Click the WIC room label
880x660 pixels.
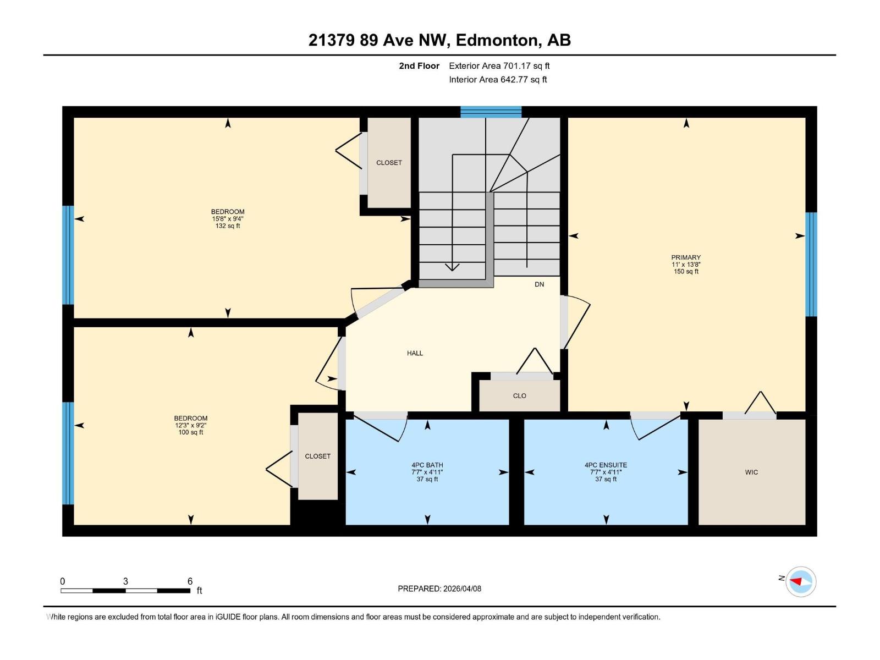click(x=751, y=472)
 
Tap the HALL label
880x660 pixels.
click(x=415, y=353)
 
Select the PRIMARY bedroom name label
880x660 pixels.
click(x=686, y=257)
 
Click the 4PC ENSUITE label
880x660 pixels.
click(x=606, y=465)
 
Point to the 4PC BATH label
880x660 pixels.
click(x=427, y=465)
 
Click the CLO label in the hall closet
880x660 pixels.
click(x=519, y=396)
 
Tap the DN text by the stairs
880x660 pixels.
click(x=539, y=284)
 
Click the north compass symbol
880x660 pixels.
click(x=800, y=581)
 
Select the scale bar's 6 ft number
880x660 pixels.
click(x=190, y=581)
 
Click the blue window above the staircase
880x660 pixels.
click(x=491, y=112)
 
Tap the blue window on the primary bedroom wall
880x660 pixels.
click(x=811, y=265)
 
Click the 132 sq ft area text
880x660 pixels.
click(x=228, y=226)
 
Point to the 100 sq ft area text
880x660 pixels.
click(x=191, y=432)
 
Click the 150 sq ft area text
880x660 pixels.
click(x=686, y=272)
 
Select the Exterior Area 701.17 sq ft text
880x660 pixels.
click(x=499, y=66)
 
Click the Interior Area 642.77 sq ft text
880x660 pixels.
click(x=498, y=80)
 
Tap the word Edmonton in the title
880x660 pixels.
click(x=496, y=40)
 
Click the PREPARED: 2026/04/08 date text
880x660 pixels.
click(x=439, y=588)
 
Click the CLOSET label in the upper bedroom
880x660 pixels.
click(x=389, y=163)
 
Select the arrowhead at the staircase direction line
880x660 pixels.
click(x=452, y=267)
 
